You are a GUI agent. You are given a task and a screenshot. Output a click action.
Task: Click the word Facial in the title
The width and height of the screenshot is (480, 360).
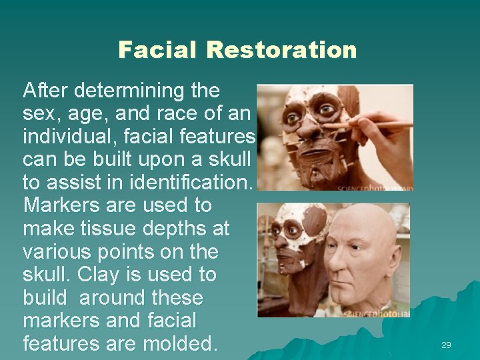[157, 50]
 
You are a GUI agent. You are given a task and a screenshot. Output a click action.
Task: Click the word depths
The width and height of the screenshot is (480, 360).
[169, 229]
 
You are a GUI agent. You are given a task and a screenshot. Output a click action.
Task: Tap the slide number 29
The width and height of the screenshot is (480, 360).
[446, 345]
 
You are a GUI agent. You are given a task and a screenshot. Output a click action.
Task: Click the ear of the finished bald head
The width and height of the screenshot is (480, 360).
[395, 262]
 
